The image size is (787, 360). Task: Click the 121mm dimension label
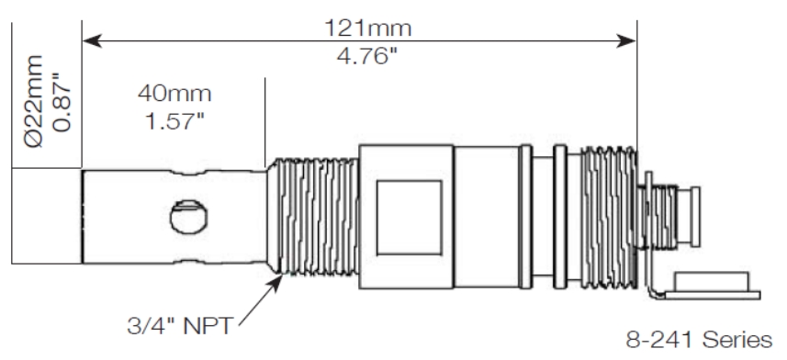[368, 28]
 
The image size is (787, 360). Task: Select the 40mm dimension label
[174, 94]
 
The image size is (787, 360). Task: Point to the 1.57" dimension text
[175, 120]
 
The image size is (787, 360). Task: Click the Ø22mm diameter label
[34, 101]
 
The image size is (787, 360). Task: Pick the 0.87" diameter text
[62, 103]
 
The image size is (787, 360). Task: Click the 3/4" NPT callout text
[180, 325]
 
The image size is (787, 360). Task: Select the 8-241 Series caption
[699, 340]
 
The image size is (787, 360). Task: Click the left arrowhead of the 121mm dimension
[92, 40]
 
